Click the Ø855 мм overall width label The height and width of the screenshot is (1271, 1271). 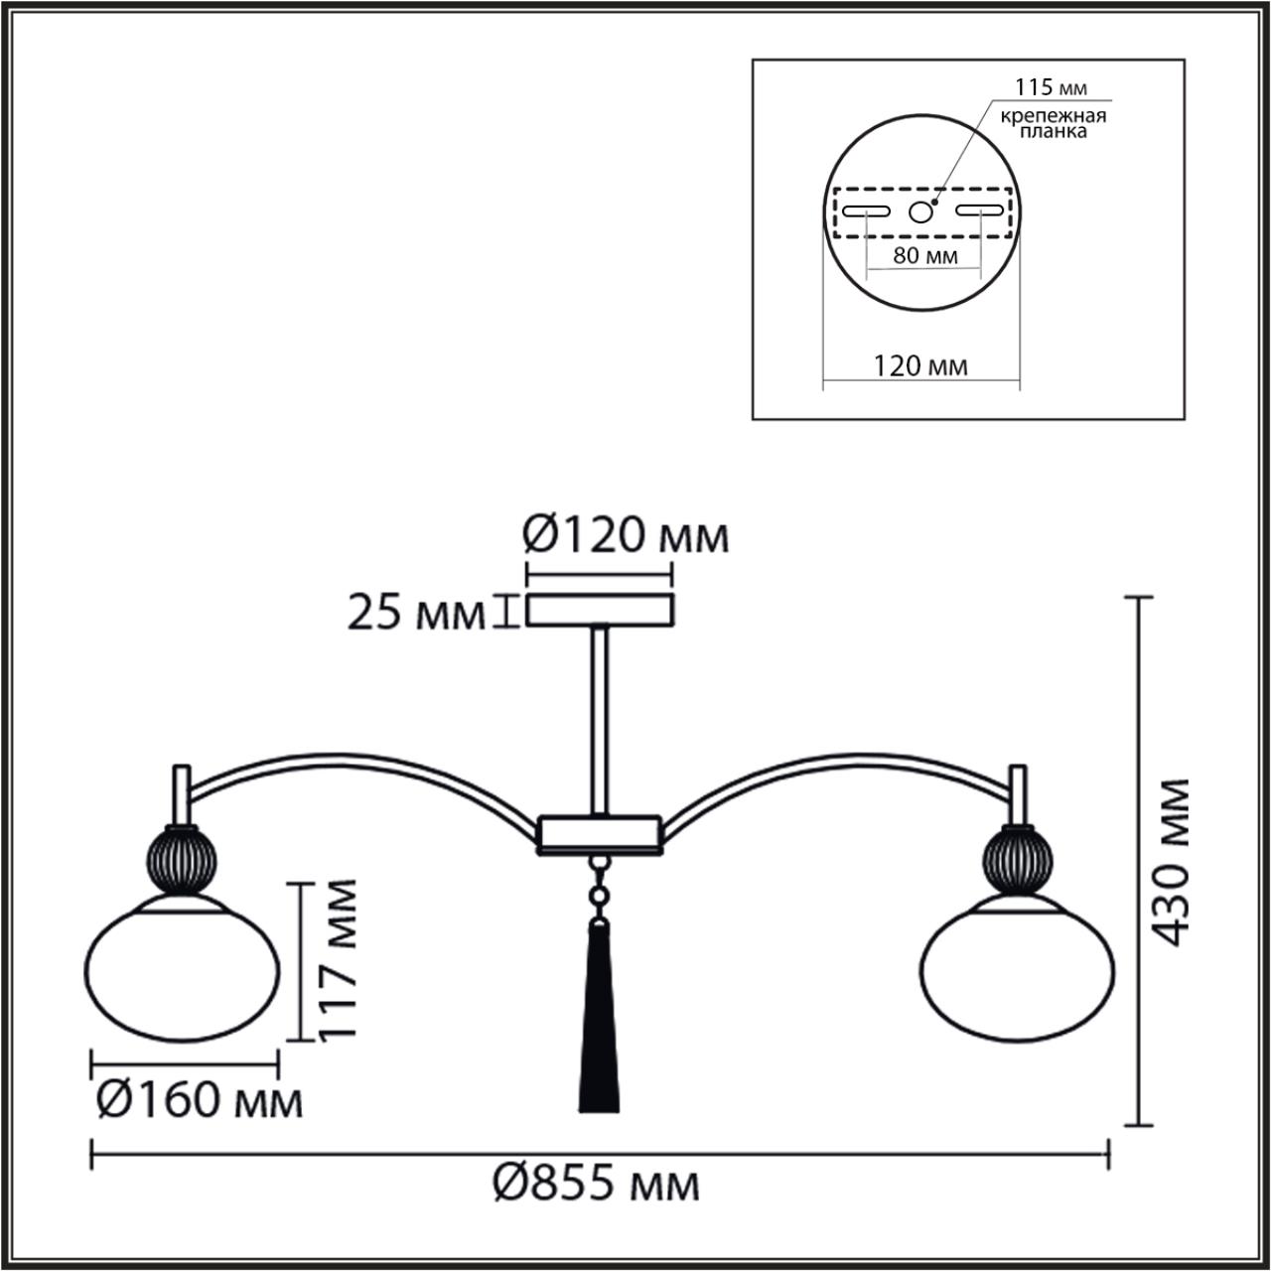(x=597, y=1184)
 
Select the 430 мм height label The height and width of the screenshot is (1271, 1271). (x=1174, y=861)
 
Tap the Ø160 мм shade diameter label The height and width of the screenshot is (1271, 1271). (x=199, y=1100)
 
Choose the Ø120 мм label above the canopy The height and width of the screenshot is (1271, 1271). (x=626, y=536)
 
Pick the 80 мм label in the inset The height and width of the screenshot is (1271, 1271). (x=924, y=255)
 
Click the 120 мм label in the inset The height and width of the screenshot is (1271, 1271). (x=920, y=366)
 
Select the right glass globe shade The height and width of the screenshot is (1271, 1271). (x=1018, y=969)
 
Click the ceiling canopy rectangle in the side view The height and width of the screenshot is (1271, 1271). (x=600, y=610)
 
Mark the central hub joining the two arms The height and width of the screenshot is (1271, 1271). (x=600, y=834)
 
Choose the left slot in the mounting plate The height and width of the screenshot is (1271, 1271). (x=867, y=212)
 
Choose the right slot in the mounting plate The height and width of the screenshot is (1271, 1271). (x=979, y=212)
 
